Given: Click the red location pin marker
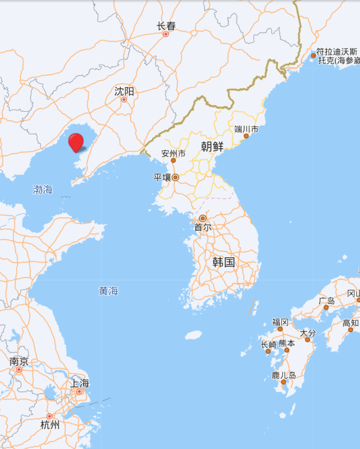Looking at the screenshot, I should point(76,142).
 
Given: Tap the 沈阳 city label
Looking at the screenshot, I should point(124,91).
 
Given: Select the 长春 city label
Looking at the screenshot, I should point(166,26).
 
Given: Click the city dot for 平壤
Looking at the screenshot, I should point(175,177).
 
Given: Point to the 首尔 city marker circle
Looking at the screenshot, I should point(203,218).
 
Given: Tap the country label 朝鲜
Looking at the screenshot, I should point(212,146).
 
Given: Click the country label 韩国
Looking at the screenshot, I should point(224,262).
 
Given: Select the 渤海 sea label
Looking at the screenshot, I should point(43,189).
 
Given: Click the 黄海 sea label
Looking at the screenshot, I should point(108,291).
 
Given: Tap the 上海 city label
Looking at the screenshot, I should point(80,383).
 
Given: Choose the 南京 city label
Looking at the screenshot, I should point(19,361).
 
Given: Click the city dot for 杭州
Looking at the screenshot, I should point(49,416).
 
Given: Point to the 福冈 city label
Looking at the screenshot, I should point(280,322).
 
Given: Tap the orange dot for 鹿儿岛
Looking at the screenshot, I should point(283,382).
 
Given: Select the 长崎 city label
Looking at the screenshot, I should point(269,345).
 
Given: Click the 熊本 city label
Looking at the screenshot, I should point(287,343).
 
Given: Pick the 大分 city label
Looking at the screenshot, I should point(308,333).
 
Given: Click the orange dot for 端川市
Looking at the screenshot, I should point(246,136).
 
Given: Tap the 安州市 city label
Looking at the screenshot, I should point(173,153).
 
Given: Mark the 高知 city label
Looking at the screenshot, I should point(350,323).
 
